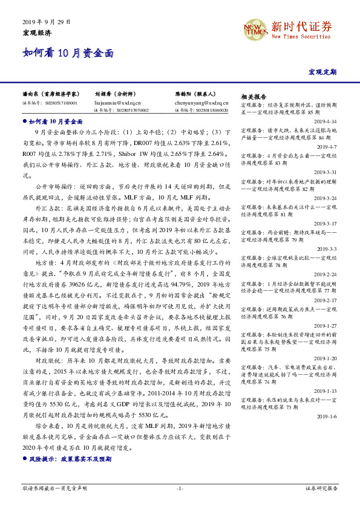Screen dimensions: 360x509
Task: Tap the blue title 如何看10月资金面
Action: coord(67,53)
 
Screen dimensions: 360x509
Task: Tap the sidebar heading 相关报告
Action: coord(254,97)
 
